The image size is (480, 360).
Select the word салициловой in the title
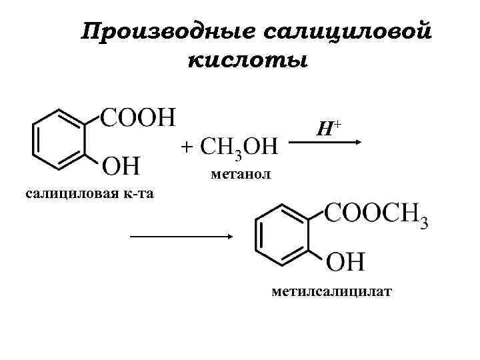(345, 31)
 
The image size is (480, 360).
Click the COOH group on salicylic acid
(138, 118)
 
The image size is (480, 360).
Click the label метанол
(240, 175)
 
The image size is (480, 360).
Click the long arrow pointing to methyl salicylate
(181, 236)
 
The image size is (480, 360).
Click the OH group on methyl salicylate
(345, 260)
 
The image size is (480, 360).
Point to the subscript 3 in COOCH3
(424, 223)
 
